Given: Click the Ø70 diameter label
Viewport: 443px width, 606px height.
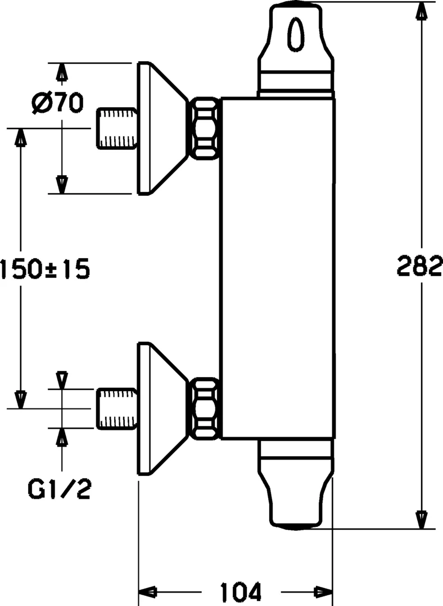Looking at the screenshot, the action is pos(57,103).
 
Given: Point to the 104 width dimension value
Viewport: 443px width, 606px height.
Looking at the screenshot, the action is pos(241,591).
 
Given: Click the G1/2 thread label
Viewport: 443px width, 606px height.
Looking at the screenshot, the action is pos(60,488).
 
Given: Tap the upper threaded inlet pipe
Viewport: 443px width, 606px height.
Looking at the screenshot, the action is pos(117,128).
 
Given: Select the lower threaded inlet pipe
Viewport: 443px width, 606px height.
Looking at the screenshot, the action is pos(117,408).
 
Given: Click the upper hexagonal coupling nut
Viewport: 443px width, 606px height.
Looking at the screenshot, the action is pos(204,128).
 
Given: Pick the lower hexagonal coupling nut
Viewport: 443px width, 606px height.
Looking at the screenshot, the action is pos(204,408).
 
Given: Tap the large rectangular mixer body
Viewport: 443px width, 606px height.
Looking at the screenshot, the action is pos(278,269).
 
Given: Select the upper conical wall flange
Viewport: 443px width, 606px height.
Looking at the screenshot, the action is pos(162,128).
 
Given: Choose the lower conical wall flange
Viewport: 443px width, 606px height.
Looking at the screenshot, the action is pos(162,408).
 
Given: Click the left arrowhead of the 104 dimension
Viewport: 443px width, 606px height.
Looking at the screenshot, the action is pos(147,591).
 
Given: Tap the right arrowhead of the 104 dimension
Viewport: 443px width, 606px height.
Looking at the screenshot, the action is pos(323,591).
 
